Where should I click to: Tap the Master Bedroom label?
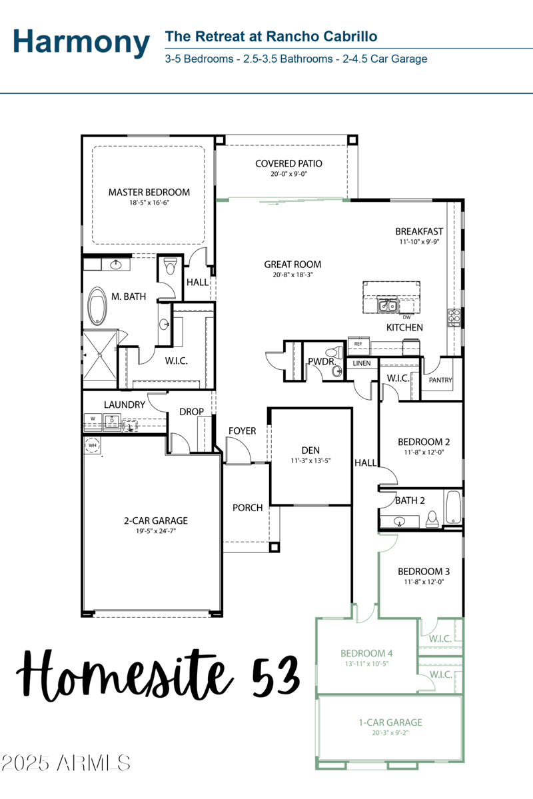pyautogui.click(x=149, y=192)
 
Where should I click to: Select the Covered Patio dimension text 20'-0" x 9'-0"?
pyautogui.click(x=288, y=173)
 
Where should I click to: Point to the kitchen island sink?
pyautogui.click(x=386, y=305)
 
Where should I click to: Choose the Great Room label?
pyautogui.click(x=292, y=265)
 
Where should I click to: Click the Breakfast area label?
pyautogui.click(x=419, y=232)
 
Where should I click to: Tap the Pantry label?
pyautogui.click(x=440, y=381)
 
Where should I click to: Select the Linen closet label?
pyautogui.click(x=362, y=364)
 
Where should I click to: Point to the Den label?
pyautogui.click(x=310, y=450)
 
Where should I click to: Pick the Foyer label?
pyautogui.click(x=242, y=431)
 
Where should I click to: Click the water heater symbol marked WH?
pyautogui.click(x=93, y=445)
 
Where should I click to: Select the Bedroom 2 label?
pyautogui.click(x=424, y=442)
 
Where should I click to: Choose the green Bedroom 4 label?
pyautogui.click(x=366, y=653)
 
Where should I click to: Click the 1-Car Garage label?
pyautogui.click(x=390, y=722)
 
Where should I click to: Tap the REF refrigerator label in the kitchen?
pyautogui.click(x=358, y=344)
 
